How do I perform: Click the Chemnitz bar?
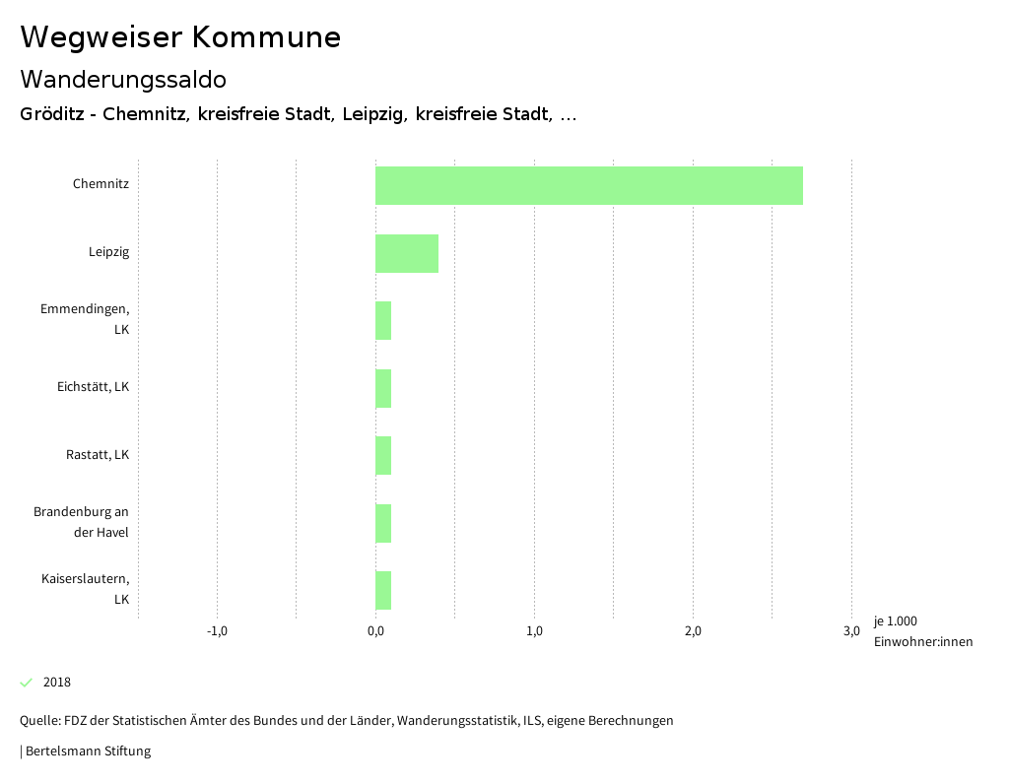588,185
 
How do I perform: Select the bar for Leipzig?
406,253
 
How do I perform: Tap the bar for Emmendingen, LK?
383,320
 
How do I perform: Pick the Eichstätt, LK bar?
383,388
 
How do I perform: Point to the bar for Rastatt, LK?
383,455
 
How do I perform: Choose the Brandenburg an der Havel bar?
383,523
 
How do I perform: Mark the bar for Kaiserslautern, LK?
383,590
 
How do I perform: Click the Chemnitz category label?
101,184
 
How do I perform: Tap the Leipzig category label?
108,252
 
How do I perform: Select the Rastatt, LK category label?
97,455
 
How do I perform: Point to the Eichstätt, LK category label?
93,387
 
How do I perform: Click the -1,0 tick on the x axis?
217,631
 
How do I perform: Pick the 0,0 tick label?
375,631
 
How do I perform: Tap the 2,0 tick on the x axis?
693,631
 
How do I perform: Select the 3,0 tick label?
851,631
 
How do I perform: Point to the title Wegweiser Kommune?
180,37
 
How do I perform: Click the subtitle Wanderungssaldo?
123,79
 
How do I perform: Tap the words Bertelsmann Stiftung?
88,751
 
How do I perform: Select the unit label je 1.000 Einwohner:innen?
922,631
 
